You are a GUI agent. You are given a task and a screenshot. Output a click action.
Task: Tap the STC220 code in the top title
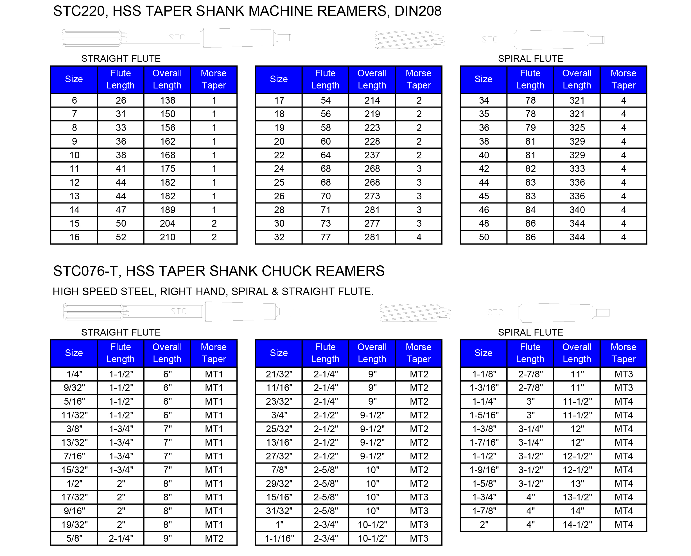[x=78, y=11]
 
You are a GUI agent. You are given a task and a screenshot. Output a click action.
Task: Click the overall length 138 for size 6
[x=167, y=100]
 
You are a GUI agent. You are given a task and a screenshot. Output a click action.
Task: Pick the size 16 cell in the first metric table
[x=74, y=237]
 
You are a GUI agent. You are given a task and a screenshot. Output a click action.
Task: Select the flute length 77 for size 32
[x=326, y=237]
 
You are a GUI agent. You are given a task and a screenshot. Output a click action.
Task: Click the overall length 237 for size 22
[x=372, y=155]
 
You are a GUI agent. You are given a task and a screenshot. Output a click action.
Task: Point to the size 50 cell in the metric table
[x=484, y=237]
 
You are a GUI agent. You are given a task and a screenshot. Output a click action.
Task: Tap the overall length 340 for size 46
[x=577, y=210]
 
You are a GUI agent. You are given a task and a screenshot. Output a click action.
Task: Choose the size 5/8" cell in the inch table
[x=74, y=538]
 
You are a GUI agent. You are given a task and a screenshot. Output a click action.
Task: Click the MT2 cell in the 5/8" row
[x=214, y=538]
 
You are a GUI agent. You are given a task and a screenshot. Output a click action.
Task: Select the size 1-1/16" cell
[x=279, y=538]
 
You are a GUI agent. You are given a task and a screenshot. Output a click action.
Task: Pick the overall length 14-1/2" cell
[x=577, y=525]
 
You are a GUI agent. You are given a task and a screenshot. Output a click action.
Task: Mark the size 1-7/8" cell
[x=484, y=511]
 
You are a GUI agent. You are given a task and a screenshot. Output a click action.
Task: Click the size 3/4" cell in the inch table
[x=279, y=415]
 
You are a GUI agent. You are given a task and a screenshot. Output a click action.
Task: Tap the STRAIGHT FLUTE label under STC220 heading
[x=121, y=59]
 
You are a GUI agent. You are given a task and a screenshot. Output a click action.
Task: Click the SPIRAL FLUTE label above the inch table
[x=530, y=332]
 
